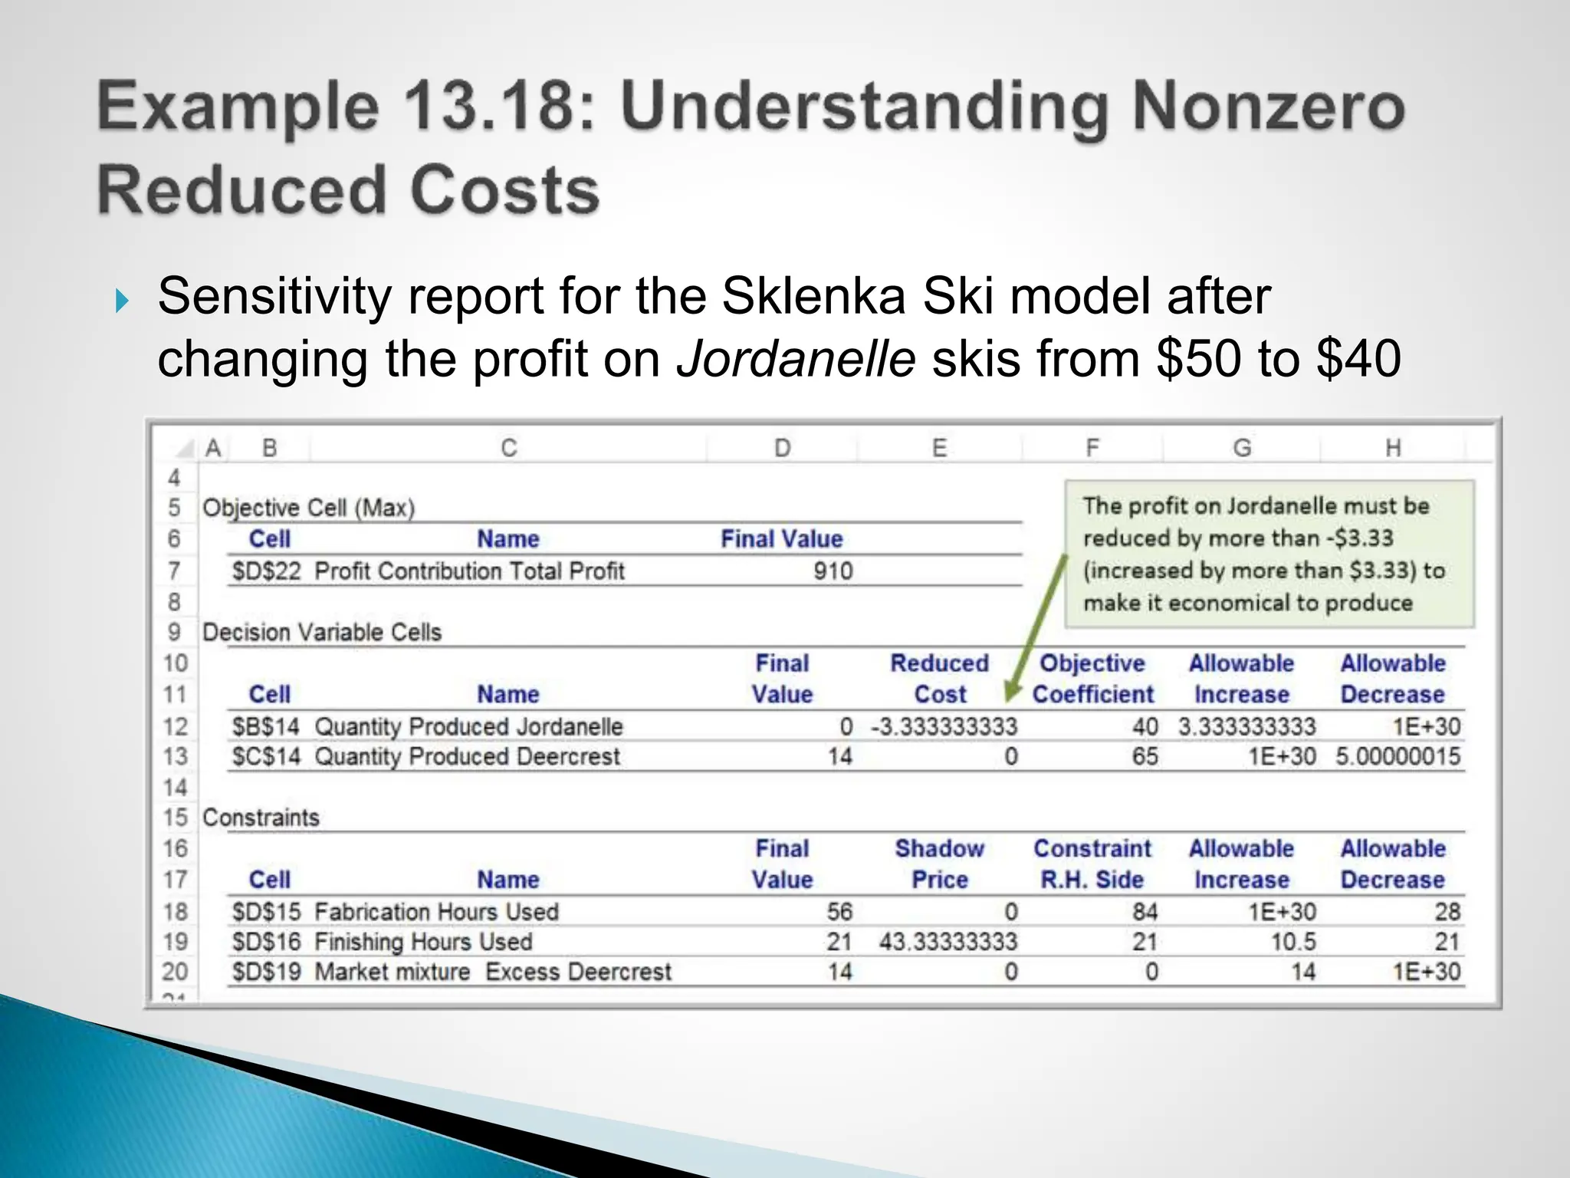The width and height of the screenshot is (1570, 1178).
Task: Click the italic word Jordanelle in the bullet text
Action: (796, 359)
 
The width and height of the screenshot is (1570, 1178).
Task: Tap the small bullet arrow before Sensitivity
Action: (122, 301)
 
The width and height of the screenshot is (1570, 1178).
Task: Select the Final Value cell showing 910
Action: (833, 571)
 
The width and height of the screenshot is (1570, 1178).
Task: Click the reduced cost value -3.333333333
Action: (944, 726)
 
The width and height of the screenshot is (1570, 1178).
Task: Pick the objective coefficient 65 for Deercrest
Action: (1145, 757)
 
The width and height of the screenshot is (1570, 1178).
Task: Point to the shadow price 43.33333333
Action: (948, 942)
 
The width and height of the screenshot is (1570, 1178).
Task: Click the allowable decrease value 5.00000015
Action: (1398, 757)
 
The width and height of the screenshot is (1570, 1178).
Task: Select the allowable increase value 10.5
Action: (1293, 942)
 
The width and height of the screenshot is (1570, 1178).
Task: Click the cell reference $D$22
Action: (266, 571)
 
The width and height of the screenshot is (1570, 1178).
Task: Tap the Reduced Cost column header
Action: (940, 679)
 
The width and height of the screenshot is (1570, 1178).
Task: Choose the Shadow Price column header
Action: (940, 864)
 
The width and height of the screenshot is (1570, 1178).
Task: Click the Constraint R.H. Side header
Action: (1092, 864)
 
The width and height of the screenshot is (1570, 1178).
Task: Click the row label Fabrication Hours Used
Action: (436, 912)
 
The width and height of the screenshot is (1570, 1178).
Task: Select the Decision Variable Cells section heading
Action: (322, 633)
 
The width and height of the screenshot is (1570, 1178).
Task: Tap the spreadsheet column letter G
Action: (1242, 448)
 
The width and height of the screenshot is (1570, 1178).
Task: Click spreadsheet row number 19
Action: (175, 942)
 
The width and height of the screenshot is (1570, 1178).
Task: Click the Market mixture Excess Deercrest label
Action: (493, 972)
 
